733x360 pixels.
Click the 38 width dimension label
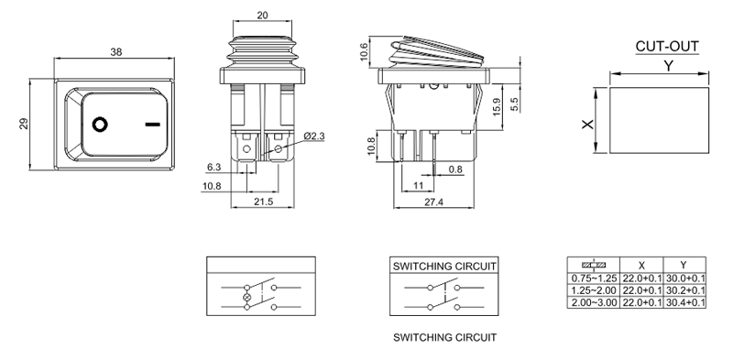pyautogui.click(x=116, y=52)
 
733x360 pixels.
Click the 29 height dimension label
pyautogui.click(x=24, y=124)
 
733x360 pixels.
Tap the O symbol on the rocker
pyautogui.click(x=100, y=125)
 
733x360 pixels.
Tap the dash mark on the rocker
pyautogui.click(x=152, y=125)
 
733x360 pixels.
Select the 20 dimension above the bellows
pyautogui.click(x=262, y=16)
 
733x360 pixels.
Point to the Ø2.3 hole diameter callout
pyautogui.click(x=314, y=136)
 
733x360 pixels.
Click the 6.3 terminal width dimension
pyautogui.click(x=213, y=167)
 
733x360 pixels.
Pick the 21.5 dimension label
pyautogui.click(x=263, y=202)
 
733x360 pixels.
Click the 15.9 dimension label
pyautogui.click(x=497, y=107)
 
